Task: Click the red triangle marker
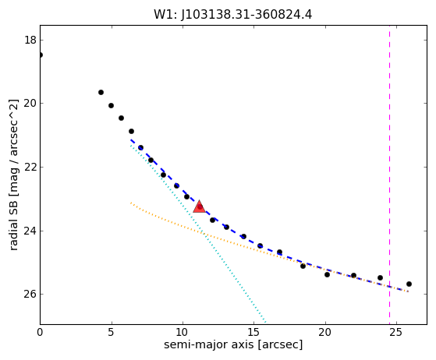point(200,206)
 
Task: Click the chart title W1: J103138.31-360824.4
point(233,15)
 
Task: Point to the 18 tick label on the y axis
point(30,40)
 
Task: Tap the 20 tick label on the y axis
point(30,104)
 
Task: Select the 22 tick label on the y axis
point(30,167)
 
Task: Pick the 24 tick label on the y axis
point(30,231)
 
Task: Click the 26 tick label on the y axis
point(30,294)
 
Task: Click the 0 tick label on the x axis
point(40,332)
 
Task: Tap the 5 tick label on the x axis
point(112,332)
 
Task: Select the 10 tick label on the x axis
point(183,332)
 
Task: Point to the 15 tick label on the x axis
point(253,332)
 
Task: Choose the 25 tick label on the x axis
point(396,332)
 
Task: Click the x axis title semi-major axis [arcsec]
point(233,345)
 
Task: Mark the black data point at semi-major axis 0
point(41,55)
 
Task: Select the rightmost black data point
point(409,284)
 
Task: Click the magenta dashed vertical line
point(389,175)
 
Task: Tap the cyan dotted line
point(198,234)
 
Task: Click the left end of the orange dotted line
point(131,203)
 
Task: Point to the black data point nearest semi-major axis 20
point(327,274)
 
